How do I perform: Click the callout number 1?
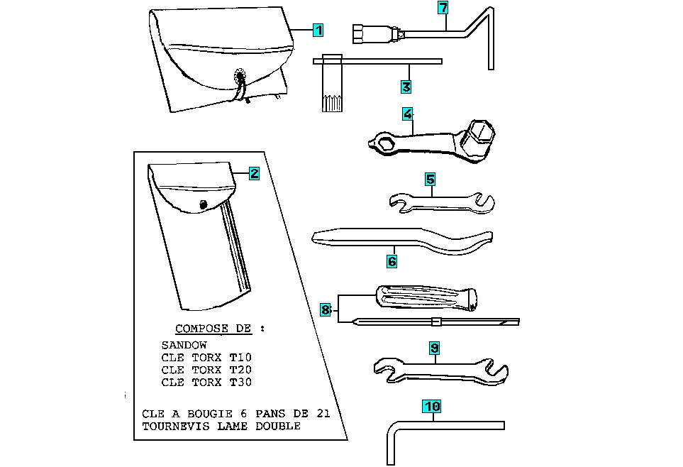click(x=318, y=31)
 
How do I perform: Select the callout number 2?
click(x=254, y=173)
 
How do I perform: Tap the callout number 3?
click(x=406, y=87)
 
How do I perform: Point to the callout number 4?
click(x=407, y=114)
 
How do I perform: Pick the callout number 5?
click(x=430, y=180)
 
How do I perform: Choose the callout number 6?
click(x=392, y=261)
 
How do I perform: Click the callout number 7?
click(x=443, y=8)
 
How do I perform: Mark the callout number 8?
click(x=325, y=309)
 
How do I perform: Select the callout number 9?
click(x=434, y=348)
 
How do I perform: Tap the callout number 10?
click(x=432, y=407)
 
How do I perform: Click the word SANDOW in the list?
click(x=184, y=345)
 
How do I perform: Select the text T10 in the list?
click(x=240, y=357)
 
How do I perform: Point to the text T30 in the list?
click(x=240, y=383)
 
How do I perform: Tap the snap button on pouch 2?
click(x=204, y=205)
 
